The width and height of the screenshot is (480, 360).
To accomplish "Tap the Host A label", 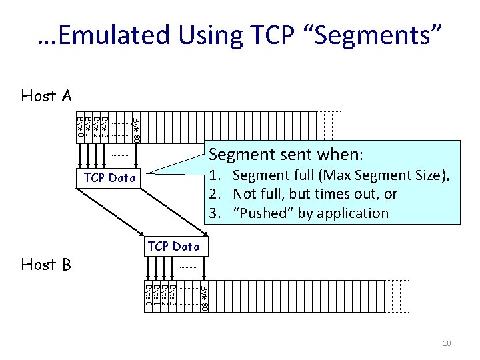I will click(46, 96).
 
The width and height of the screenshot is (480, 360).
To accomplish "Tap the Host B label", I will click(46, 265).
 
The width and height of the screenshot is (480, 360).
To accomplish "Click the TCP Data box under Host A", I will click(110, 178).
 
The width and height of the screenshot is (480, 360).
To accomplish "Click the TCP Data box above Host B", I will click(173, 246).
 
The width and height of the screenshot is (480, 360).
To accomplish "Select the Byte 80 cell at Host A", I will click(136, 127).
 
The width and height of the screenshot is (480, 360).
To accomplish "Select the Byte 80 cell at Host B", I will click(204, 296).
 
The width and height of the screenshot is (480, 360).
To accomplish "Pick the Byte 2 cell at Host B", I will click(165, 296).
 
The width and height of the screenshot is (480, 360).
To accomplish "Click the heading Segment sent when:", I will click(286, 155).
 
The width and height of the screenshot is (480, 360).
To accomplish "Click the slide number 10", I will click(447, 343).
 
